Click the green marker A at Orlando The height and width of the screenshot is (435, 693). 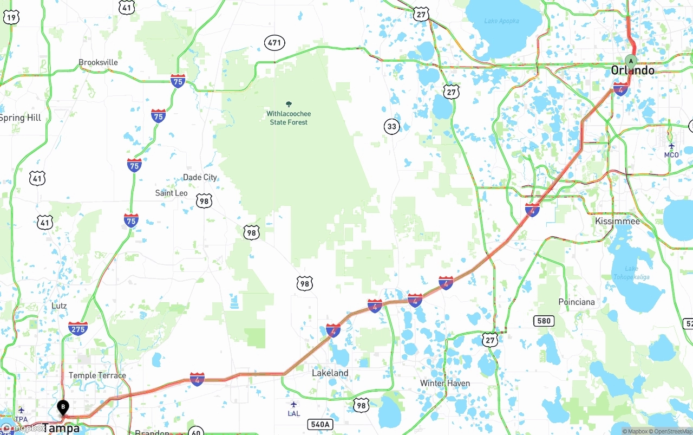[630, 60]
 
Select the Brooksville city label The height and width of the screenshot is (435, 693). [98, 62]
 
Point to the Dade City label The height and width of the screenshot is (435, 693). [200, 177]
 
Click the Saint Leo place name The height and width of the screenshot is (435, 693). [171, 193]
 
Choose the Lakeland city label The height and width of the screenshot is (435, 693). [330, 373]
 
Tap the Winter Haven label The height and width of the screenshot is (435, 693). [445, 383]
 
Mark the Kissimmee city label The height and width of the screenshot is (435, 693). [617, 221]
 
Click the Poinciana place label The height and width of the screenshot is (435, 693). [576, 302]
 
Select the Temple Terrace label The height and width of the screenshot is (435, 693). [97, 375]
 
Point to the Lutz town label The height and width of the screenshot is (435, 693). [59, 306]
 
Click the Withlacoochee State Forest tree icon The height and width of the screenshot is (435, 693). [289, 104]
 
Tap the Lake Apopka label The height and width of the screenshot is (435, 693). [501, 21]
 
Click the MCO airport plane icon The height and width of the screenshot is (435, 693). [671, 146]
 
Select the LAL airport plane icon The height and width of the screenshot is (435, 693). [293, 405]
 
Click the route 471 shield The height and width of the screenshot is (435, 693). [274, 42]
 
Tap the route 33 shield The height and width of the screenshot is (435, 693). [391, 127]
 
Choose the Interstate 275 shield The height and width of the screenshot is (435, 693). [78, 328]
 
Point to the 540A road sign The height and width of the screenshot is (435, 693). [319, 424]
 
